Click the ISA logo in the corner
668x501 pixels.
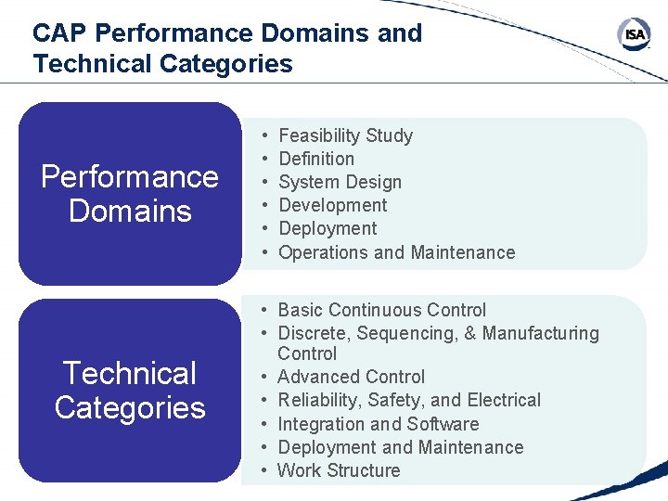pos(635,35)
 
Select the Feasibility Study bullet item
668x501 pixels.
pos(345,135)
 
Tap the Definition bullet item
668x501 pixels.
pos(316,159)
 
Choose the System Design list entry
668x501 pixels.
pos(340,182)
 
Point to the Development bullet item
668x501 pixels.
pos(333,205)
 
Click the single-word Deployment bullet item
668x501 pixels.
pos(328,228)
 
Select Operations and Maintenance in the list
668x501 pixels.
pos(396,252)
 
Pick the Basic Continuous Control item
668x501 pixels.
pos(381,310)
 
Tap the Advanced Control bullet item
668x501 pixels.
pos(351,377)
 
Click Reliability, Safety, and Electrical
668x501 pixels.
pos(408,400)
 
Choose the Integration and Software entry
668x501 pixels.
pos(378,424)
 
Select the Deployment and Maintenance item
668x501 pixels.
pos(400,447)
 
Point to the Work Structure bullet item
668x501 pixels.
pos(339,470)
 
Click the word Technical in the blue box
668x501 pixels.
pos(130,374)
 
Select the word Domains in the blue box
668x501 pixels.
pos(130,211)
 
